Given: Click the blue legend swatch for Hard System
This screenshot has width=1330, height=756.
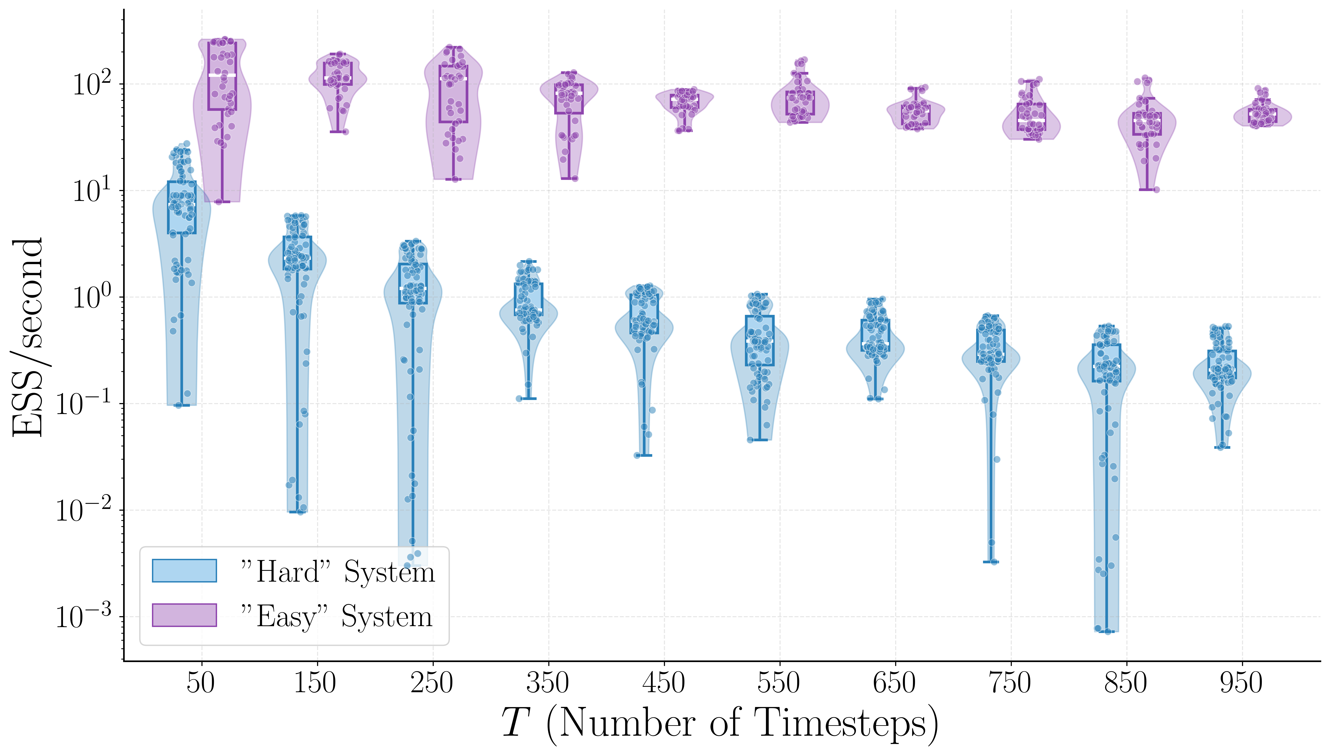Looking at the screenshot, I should point(184,571).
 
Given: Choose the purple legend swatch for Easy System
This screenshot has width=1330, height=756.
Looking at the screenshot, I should point(184,615).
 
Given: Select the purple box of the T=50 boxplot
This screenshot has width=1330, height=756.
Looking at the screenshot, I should point(222,76).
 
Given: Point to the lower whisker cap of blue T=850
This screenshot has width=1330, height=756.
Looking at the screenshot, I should point(1106,631).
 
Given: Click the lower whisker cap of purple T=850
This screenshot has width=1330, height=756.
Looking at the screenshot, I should point(1147,189).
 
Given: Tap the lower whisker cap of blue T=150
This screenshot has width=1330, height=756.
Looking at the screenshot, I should point(297,512).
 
